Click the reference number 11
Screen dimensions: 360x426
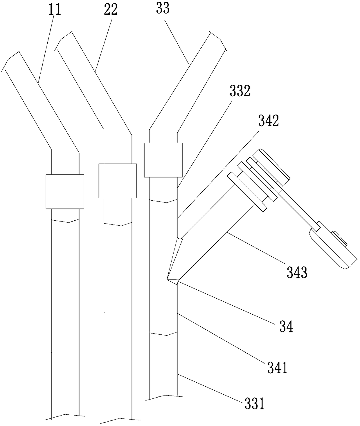pyautogui.click(x=55, y=10)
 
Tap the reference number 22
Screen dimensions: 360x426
pyautogui.click(x=111, y=10)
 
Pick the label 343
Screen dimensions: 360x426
pyautogui.click(x=297, y=273)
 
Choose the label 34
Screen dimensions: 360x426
pyautogui.click(x=286, y=327)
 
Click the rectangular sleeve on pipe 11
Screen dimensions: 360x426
pyautogui.click(x=65, y=191)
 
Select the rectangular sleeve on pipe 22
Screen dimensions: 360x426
pyautogui.click(x=117, y=181)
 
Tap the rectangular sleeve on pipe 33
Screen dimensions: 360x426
pyautogui.click(x=163, y=159)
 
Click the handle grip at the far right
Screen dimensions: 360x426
pyautogui.click(x=333, y=249)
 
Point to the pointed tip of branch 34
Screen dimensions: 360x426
pyautogui.click(x=168, y=279)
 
